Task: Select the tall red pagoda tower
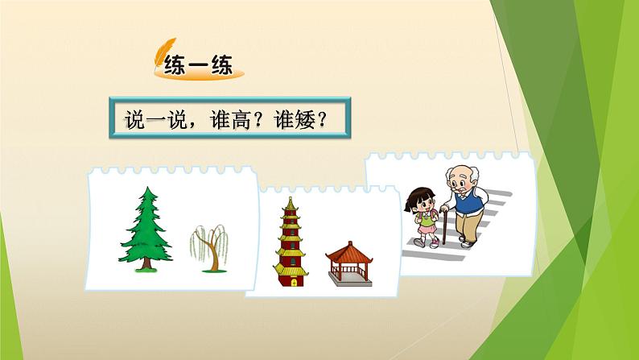click(x=290, y=242)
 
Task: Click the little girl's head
click(x=421, y=198)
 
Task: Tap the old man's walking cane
click(x=441, y=226)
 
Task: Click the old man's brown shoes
click(x=466, y=242)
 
